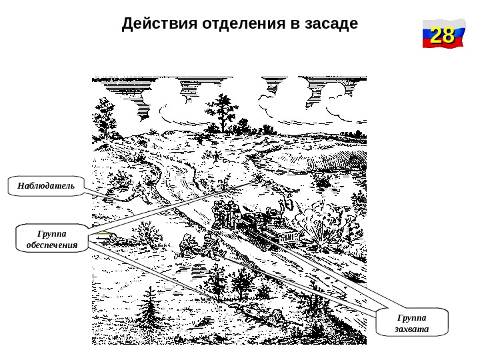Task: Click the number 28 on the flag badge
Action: coord(442,35)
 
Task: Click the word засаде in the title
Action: coord(331,24)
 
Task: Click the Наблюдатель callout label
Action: coord(46,185)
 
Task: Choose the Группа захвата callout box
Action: coord(411,323)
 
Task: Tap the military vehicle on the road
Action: coord(270,227)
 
